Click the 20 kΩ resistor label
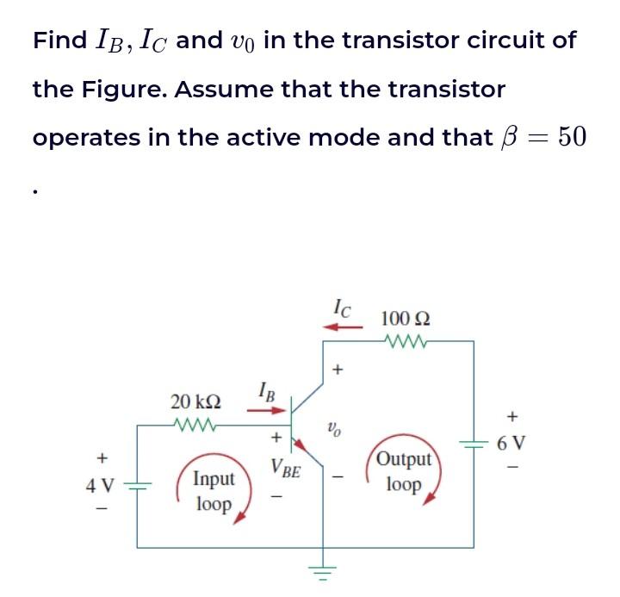195,401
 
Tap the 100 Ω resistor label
406,319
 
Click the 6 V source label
516,444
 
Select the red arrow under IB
261,410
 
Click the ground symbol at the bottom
323,570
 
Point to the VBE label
285,470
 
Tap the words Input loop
213,491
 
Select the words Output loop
404,471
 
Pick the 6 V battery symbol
474,444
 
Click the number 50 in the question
572,137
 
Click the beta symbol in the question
509,138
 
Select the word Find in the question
59,40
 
